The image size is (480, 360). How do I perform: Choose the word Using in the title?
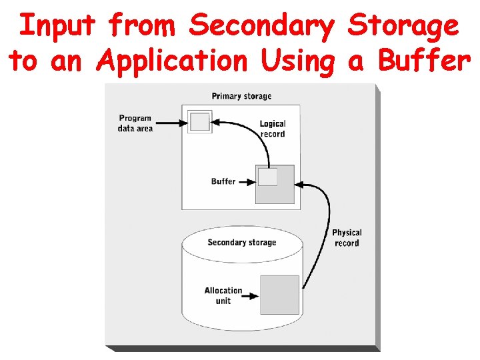click(299, 62)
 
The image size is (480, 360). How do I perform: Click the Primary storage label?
click(241, 96)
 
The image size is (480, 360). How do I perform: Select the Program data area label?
click(135, 123)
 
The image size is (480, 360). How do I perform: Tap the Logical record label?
click(272, 129)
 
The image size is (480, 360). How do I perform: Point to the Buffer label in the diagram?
click(223, 181)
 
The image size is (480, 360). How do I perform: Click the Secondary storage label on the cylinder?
click(241, 243)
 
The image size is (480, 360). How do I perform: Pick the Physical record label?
click(347, 238)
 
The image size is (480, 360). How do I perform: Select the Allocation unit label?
click(223, 295)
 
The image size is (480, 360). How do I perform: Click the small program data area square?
click(199, 122)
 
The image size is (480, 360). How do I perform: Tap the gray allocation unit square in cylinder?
click(279, 295)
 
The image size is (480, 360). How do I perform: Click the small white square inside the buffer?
click(267, 177)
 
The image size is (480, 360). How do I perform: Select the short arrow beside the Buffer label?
click(247, 181)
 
